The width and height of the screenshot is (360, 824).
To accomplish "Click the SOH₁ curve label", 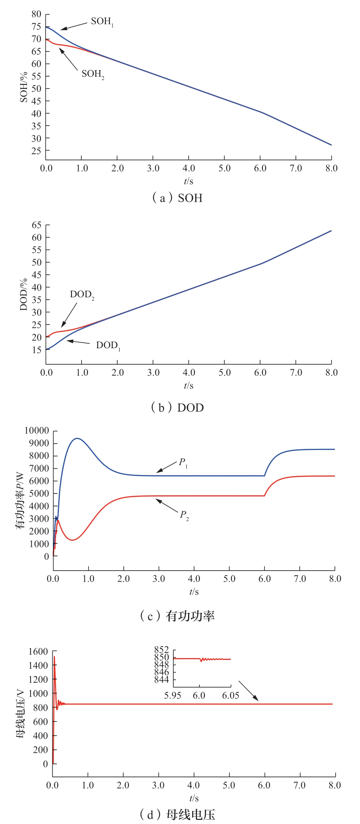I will coord(102,22).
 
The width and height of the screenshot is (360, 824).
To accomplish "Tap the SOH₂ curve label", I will coord(93,74).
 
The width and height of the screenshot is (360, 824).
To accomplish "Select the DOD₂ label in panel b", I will coord(82,295).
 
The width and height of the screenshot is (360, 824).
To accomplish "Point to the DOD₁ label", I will coord(108,346).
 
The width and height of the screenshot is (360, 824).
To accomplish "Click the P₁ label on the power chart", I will coord(183,463).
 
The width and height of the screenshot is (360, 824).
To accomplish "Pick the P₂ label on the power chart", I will coord(184,515).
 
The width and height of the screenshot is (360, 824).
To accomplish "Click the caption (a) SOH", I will coord(177,198).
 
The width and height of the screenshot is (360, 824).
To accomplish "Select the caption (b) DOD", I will coord(177,408).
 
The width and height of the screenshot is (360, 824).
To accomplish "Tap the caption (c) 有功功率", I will coord(177,616).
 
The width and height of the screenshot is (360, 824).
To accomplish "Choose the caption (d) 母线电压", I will coord(177,814).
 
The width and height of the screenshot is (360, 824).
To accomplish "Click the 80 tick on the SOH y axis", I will coord(36,14).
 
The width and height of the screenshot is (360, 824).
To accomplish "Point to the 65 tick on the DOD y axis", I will coord(37,225).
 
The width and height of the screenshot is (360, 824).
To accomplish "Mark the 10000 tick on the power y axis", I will coord(37,430).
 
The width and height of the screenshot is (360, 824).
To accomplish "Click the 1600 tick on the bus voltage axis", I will coord(38,652).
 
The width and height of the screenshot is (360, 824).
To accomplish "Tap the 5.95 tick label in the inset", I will coord(173,696).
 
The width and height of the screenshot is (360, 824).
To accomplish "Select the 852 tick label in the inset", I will coord(162,650).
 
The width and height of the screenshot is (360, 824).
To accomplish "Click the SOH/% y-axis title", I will coord(24,87).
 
